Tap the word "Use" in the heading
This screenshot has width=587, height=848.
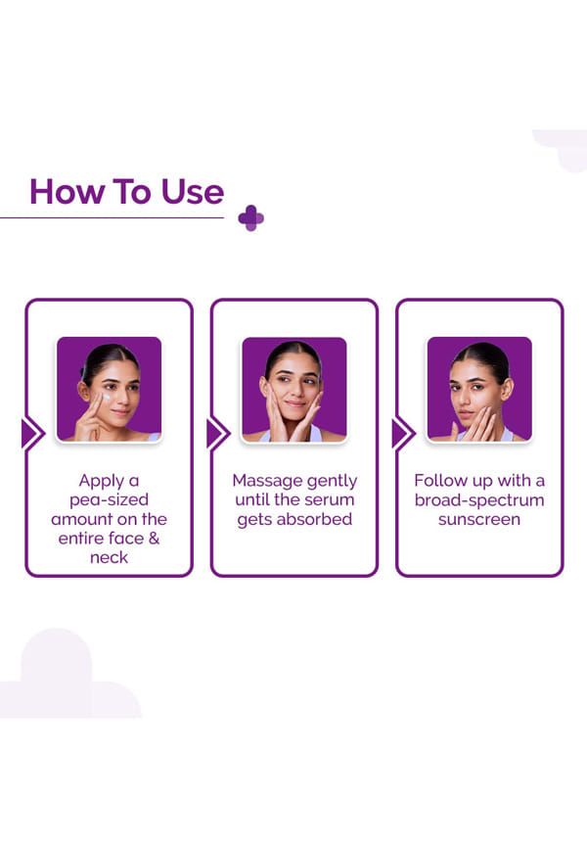click(x=193, y=192)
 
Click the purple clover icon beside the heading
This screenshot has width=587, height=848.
click(x=250, y=218)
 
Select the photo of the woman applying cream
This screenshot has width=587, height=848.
click(x=110, y=389)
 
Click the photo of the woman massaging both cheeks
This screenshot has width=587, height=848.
click(x=294, y=389)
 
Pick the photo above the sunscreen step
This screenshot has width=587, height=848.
click(x=479, y=389)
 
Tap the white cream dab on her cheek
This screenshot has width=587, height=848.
click(x=107, y=398)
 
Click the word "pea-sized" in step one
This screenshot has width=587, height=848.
click(x=110, y=500)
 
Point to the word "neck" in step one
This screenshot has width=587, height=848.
click(x=110, y=557)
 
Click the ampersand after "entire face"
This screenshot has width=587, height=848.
click(x=154, y=539)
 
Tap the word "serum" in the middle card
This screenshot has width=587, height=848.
click(x=332, y=499)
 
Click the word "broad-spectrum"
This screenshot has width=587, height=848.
click(x=479, y=500)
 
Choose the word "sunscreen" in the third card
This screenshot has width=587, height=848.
click(x=479, y=520)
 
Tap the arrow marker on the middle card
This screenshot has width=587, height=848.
click(x=218, y=434)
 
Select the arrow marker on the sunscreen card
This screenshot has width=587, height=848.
click(x=403, y=434)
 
